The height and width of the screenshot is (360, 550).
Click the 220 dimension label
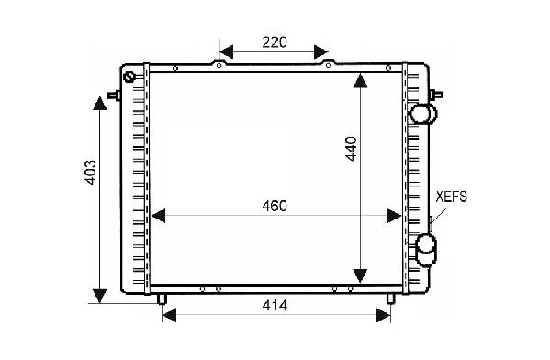coord(275,42)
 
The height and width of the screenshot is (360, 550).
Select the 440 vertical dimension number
coord(351,149)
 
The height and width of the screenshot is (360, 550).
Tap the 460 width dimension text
coord(275,206)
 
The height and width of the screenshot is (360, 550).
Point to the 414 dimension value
coord(275,305)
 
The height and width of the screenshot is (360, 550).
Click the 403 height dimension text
coord(90,173)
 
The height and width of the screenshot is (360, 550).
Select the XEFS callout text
coord(452,197)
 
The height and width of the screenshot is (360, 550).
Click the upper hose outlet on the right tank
coord(423,114)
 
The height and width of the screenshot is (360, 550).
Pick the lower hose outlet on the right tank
coord(426,251)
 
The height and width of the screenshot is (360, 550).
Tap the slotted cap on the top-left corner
coord(129,77)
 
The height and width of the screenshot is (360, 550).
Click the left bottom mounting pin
coord(162,298)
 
